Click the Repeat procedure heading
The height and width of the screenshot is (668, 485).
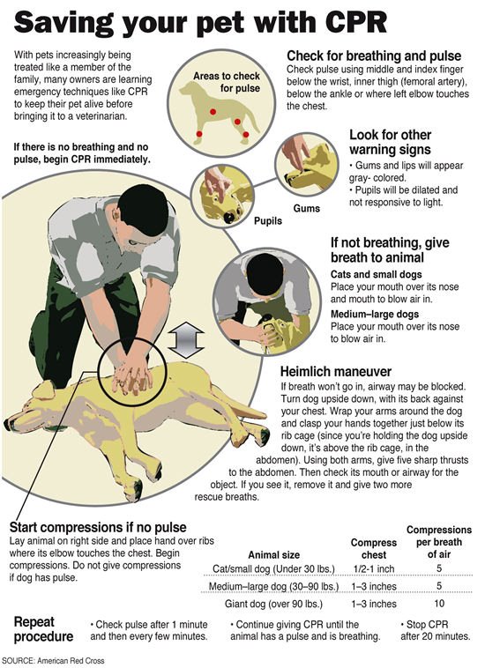[44, 629]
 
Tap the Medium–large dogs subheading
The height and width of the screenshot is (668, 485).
[372, 314]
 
